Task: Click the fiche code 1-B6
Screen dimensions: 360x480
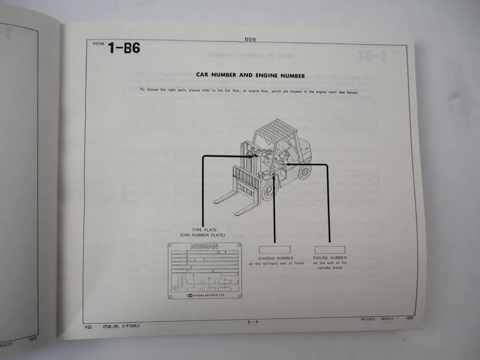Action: pos(124,48)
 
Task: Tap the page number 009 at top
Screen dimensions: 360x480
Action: pos(250,39)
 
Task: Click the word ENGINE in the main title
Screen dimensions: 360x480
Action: pos(267,76)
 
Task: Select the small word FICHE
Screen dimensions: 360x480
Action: pos(99,44)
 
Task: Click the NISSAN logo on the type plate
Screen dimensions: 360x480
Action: pos(204,246)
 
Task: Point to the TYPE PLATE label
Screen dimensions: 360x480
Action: pos(204,230)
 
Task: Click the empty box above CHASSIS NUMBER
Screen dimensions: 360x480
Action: pos(275,250)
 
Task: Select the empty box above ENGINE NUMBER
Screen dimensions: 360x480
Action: pos(330,250)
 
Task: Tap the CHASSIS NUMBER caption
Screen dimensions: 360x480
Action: pos(276,258)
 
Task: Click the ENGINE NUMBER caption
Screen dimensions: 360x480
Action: pos(330,258)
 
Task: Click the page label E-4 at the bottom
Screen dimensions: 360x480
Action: pos(252,322)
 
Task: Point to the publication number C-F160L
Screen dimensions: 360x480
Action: pos(131,326)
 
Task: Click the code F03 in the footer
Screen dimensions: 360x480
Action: pos(88,327)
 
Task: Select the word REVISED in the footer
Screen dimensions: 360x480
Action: pos(368,319)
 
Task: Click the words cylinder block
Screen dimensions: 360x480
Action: pos(330,268)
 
